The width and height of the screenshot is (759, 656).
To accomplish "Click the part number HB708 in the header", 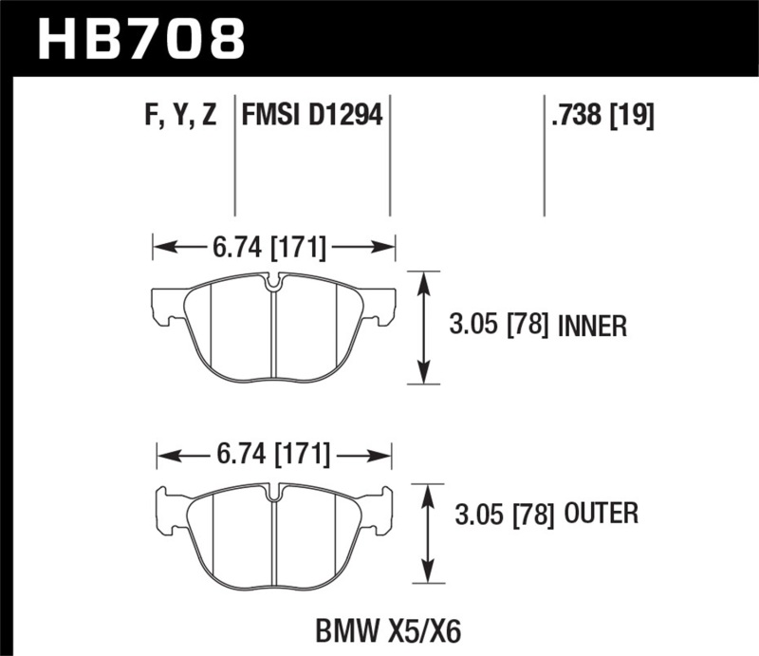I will (x=139, y=40).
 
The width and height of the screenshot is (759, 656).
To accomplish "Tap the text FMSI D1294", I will (x=312, y=117).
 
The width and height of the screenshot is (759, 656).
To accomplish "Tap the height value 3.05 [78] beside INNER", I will (x=499, y=328).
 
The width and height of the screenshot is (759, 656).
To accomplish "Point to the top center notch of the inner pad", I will (x=273, y=283).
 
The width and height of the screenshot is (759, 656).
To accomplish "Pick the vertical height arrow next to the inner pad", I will (x=423, y=328).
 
